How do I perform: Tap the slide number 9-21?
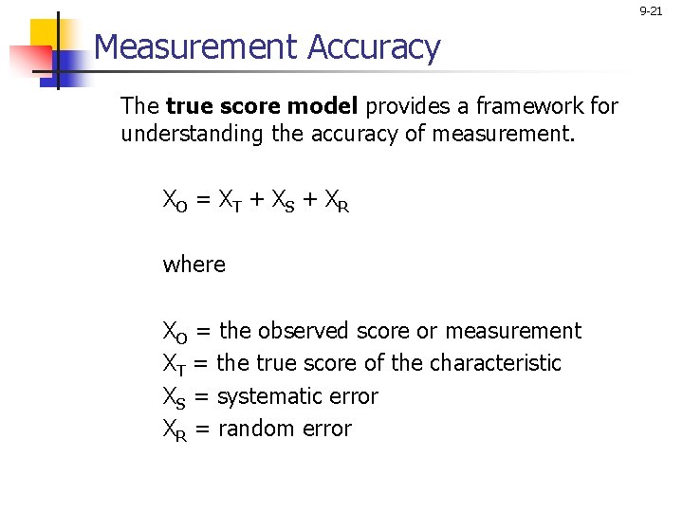point(651,11)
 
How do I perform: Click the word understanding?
point(193,135)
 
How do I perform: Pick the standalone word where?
point(194,264)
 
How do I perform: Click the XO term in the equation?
point(175,201)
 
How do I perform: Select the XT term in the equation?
point(230,201)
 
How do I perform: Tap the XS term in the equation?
point(283,201)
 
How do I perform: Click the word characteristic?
point(495,363)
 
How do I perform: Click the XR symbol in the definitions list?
point(175,430)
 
